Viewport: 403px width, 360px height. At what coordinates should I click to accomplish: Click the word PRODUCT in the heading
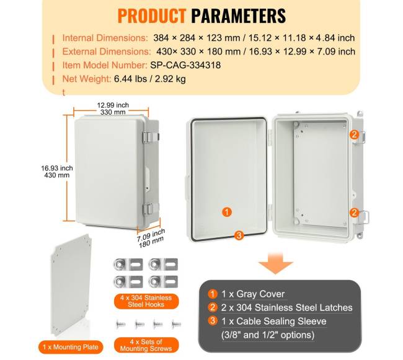pyautogui.click(x=152, y=16)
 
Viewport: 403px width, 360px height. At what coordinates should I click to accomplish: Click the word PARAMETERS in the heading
pyautogui.click(x=239, y=16)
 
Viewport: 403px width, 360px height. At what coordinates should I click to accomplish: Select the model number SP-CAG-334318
pyautogui.click(x=185, y=65)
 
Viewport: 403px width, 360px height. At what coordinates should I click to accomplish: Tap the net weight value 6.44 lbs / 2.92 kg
pyautogui.click(x=150, y=79)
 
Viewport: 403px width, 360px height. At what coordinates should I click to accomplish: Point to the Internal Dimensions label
pyautogui.click(x=105, y=38)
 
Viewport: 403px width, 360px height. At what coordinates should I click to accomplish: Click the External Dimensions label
pyautogui.click(x=107, y=51)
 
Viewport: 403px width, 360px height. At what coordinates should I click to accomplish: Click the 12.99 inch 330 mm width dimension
pyautogui.click(x=113, y=108)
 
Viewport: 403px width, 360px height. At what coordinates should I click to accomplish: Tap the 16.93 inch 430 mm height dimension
pyautogui.click(x=57, y=172)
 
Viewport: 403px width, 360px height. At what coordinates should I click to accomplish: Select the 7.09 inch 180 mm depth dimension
pyautogui.click(x=151, y=239)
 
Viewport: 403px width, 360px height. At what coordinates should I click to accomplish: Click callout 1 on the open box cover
pyautogui.click(x=227, y=212)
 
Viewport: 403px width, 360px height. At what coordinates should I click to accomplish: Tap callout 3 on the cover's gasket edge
pyautogui.click(x=239, y=235)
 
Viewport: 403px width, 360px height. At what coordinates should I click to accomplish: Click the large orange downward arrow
pyautogui.click(x=275, y=263)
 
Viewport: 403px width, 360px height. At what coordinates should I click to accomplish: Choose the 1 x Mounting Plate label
pyautogui.click(x=71, y=347)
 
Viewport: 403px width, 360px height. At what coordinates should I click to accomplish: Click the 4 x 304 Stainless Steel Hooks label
pyautogui.click(x=146, y=301)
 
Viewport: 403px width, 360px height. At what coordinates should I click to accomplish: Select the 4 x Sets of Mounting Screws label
pyautogui.click(x=146, y=345)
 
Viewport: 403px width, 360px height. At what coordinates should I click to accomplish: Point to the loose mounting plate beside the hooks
pyautogui.click(x=71, y=285)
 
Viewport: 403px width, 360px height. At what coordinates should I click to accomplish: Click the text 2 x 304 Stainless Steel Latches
pyautogui.click(x=286, y=307)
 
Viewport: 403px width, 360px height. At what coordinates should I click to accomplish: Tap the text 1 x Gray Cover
pyautogui.click(x=253, y=294)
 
